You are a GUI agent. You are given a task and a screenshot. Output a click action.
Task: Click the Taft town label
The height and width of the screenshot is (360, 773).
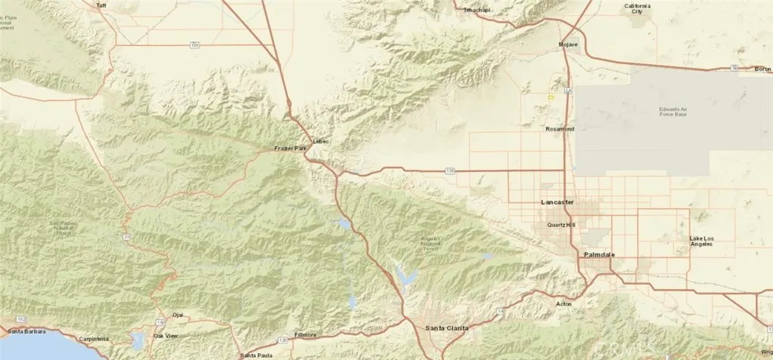(102, 5)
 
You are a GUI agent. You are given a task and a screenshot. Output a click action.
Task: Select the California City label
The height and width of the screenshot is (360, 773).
(636, 9)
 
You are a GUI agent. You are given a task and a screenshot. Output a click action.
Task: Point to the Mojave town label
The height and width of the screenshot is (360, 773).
(568, 45)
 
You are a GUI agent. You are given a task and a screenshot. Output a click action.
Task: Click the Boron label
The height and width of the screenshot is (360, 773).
(762, 69)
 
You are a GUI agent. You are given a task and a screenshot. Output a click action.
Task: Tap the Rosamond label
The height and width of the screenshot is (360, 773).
(559, 129)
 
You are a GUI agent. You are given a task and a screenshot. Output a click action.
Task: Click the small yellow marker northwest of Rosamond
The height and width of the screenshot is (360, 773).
(551, 97)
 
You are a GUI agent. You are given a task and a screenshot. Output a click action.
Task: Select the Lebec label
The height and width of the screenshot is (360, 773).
(322, 141)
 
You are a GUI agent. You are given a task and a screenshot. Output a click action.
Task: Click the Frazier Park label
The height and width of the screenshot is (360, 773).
(291, 149)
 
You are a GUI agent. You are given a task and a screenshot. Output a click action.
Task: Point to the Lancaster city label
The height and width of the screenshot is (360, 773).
(558, 203)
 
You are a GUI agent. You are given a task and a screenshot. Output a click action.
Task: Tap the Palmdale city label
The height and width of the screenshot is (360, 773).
(599, 256)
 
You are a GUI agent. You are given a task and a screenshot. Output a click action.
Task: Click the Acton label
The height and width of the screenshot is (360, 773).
(563, 303)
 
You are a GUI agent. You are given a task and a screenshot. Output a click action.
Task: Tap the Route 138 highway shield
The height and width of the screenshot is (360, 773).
(450, 171)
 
